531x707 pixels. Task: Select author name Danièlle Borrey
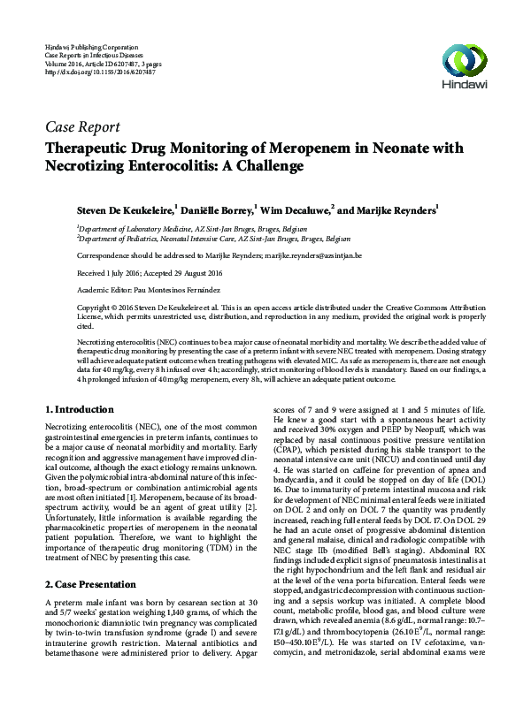coord(219,211)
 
